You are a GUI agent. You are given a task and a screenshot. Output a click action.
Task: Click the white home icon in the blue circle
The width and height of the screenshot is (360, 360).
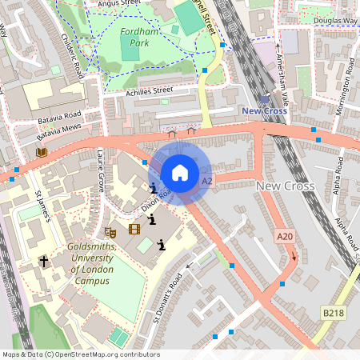point(180,172)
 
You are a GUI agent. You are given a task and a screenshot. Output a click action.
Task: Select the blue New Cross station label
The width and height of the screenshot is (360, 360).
point(264,111)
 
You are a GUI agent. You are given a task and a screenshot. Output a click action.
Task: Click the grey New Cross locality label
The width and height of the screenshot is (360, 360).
point(286,186)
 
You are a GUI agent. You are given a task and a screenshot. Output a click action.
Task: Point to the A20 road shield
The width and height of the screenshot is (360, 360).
point(285,236)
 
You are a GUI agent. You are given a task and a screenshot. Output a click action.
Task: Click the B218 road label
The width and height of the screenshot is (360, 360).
point(333,310)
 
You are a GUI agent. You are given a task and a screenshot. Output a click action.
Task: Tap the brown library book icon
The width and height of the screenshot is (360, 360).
point(42,151)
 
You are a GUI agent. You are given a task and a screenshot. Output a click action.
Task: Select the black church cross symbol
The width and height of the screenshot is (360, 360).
point(45,262)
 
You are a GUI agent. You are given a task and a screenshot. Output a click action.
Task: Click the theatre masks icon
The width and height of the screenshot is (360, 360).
point(111,231)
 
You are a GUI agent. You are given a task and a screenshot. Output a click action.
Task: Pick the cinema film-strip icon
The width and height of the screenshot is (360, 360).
point(134,230)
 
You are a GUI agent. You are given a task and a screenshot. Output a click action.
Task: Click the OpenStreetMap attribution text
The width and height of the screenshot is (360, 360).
point(80,354)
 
